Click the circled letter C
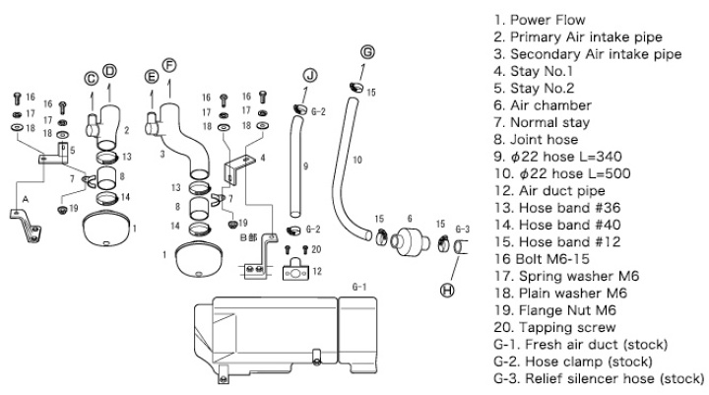(91, 77)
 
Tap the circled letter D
(109, 69)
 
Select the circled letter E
(151, 76)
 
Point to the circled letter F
(169, 65)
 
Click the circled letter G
(367, 51)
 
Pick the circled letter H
(448, 290)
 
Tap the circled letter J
(311, 75)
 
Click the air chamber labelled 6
(406, 240)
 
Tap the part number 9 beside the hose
(304, 166)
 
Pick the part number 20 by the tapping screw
(315, 249)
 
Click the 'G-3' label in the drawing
(462, 230)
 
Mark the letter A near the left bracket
(13, 197)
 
